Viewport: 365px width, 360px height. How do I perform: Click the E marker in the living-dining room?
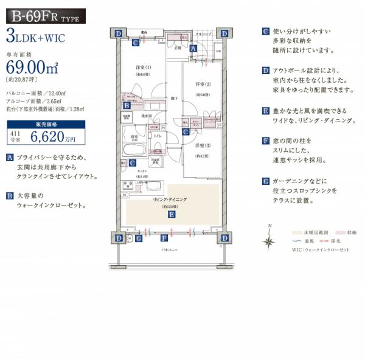[x=172, y=215]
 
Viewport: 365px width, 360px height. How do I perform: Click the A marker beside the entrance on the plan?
[x=193, y=49]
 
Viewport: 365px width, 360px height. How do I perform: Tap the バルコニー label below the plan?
[x=169, y=250]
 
